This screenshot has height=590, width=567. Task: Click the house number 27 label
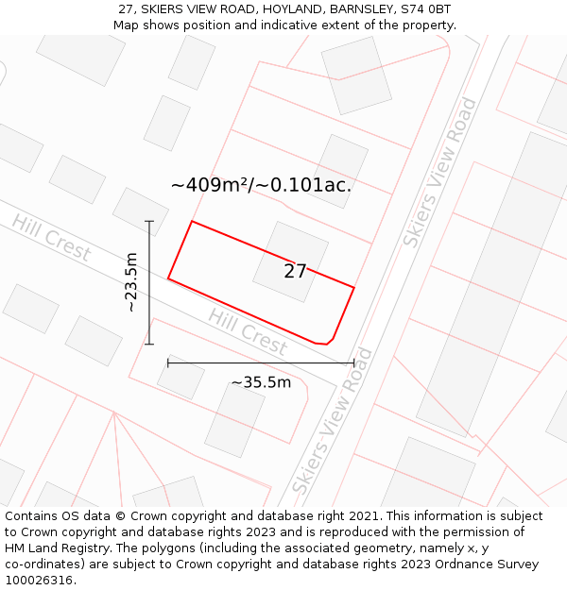(295, 272)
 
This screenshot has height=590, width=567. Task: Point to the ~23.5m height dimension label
(131, 281)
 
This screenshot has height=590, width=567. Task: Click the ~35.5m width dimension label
(261, 382)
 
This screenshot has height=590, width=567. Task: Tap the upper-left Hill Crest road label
(51, 237)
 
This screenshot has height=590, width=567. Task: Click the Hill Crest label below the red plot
(248, 331)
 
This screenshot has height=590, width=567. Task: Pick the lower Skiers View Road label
(332, 421)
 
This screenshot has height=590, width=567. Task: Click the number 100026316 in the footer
(40, 581)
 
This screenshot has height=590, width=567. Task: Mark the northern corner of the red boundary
(193, 222)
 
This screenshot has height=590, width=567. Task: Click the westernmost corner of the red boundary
(168, 278)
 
